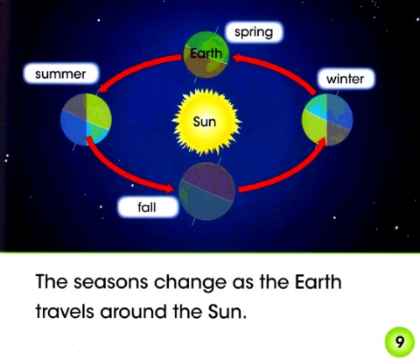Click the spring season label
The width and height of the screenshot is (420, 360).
[x=254, y=32]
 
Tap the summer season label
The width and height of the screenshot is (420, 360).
[x=60, y=74]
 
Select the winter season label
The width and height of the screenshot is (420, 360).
[x=346, y=79]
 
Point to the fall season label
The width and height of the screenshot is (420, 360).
[x=147, y=208]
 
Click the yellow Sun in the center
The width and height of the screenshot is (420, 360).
[x=206, y=122]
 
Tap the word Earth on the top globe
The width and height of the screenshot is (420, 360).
[x=206, y=53]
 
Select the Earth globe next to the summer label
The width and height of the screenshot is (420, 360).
[x=86, y=119]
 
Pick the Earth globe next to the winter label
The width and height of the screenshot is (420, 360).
[x=327, y=119]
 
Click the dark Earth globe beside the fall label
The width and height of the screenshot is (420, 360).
[x=206, y=191]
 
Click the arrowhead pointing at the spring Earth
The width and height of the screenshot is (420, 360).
[x=238, y=58]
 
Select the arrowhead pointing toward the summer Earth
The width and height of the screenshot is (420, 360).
[x=103, y=88]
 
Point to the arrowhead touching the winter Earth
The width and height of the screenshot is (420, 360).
[x=321, y=142]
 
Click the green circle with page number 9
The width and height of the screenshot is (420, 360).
[x=399, y=342]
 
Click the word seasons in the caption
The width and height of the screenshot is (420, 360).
[x=110, y=283]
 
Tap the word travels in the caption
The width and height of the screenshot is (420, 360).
[x=65, y=312]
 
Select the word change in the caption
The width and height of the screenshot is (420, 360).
[x=190, y=283]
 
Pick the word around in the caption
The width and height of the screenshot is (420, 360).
[x=134, y=312]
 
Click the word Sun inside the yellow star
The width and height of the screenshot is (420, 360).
[x=205, y=122]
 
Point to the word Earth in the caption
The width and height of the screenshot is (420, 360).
[x=318, y=282]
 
